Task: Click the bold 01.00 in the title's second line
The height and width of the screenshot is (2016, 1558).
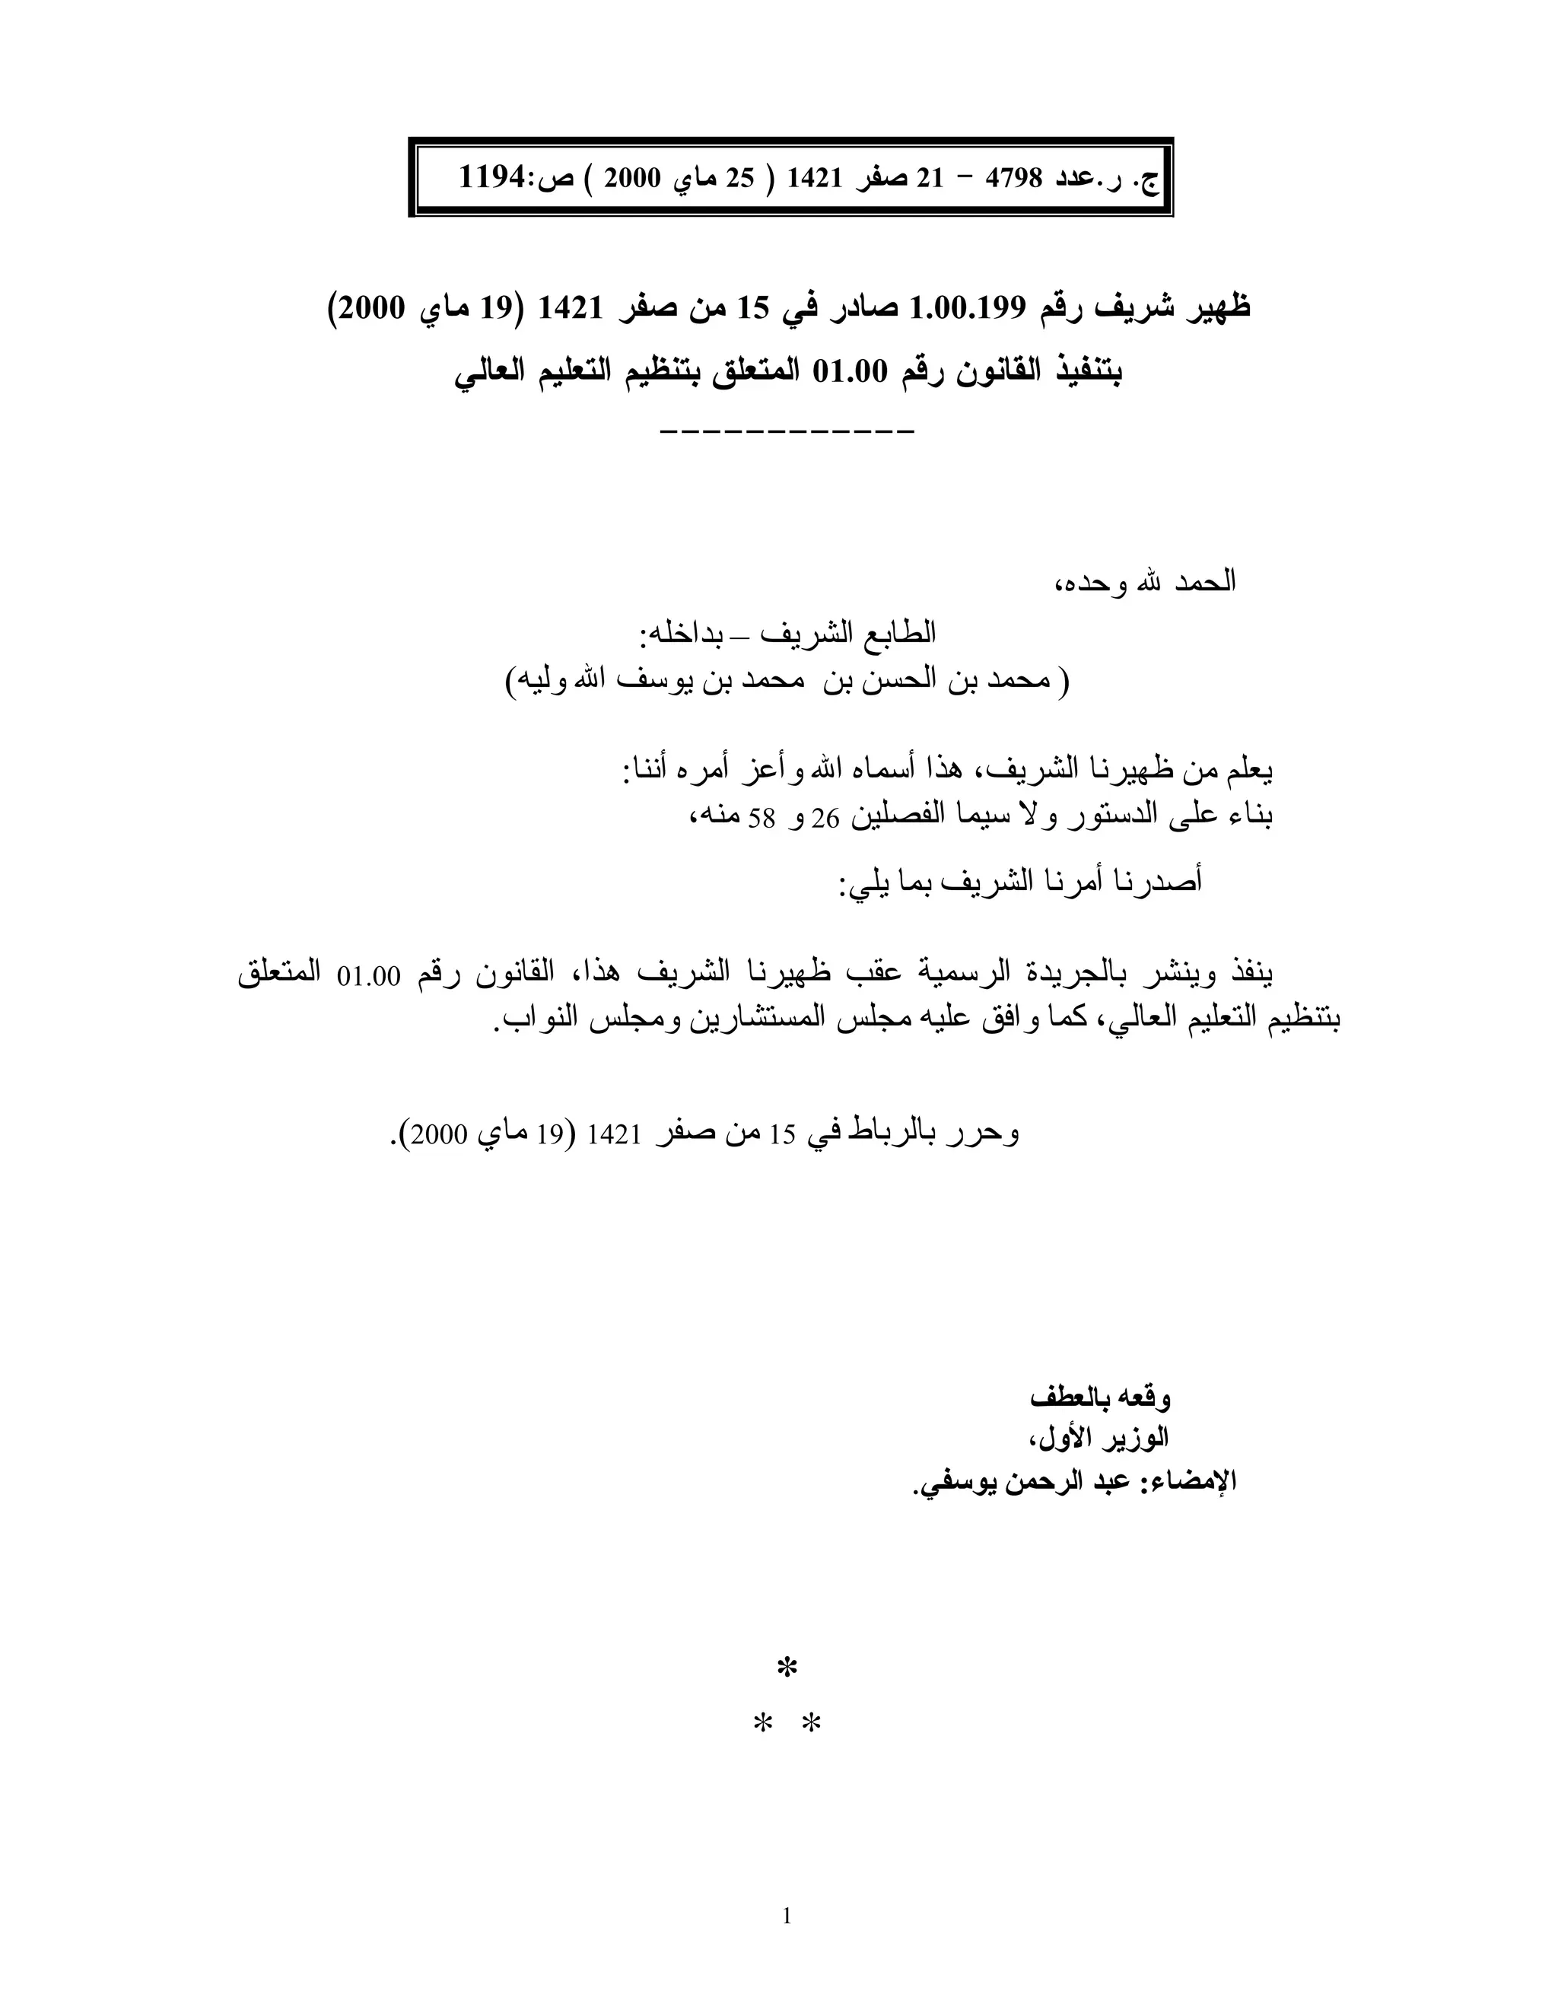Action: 849,372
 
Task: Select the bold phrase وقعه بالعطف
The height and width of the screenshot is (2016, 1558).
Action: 1100,1398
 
